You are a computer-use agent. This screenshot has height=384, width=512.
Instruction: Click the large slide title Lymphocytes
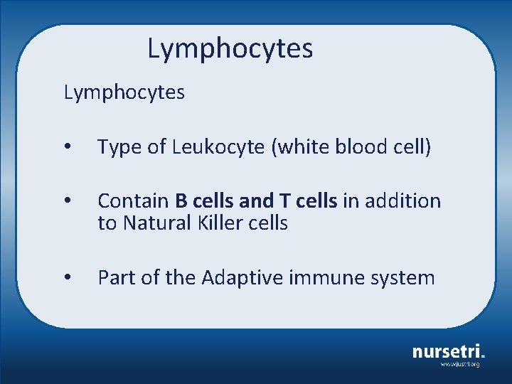(x=230, y=49)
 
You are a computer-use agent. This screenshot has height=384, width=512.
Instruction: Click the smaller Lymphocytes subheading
(x=124, y=92)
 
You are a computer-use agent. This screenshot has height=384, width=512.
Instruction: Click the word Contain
(x=133, y=201)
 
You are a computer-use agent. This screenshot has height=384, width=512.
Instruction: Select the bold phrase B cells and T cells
(x=256, y=201)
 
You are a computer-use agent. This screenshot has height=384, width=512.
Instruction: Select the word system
(x=402, y=277)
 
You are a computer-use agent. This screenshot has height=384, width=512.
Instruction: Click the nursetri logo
(x=449, y=351)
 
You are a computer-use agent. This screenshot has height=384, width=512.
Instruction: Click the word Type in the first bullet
(x=119, y=148)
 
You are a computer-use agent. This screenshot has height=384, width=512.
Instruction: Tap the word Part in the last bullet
(x=117, y=277)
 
